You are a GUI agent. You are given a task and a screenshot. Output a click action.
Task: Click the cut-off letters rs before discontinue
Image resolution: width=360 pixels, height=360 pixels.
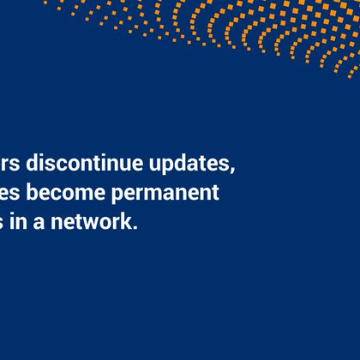(x=8, y=164)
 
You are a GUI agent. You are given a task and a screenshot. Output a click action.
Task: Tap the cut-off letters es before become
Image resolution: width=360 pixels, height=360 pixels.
(x=9, y=193)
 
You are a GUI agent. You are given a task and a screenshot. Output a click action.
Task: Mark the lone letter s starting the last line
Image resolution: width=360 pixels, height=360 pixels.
(x=3, y=221)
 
